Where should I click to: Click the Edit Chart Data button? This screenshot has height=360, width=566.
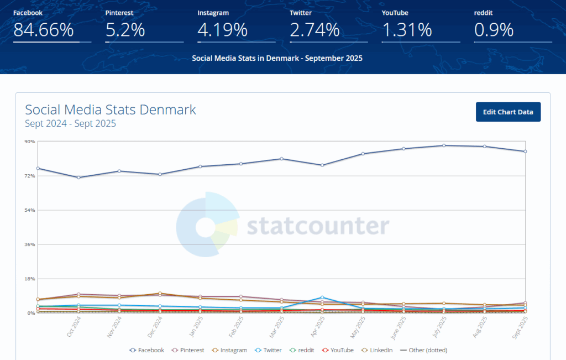tap(508, 112)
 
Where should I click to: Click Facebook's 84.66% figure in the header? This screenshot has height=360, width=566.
tap(44, 30)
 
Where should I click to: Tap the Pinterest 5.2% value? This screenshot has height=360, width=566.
tap(125, 30)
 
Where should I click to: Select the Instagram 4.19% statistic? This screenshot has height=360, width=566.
tap(222, 30)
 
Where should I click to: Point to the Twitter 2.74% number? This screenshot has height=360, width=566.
tap(314, 30)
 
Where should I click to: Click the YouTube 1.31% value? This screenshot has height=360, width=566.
tap(406, 30)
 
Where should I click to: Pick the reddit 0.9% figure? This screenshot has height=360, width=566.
tap(494, 30)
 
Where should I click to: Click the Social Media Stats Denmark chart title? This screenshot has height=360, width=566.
tap(111, 109)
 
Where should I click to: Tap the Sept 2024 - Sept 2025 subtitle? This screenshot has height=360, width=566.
tap(70, 124)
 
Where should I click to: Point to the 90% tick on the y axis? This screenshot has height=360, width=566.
tap(29, 142)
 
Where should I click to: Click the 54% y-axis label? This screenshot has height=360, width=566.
tap(29, 210)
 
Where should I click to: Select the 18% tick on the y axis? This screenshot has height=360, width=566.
tap(29, 279)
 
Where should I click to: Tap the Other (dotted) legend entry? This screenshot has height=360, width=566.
tap(423, 350)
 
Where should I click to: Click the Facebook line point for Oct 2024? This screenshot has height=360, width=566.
tap(78, 178)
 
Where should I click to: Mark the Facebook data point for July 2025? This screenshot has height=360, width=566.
tap(443, 145)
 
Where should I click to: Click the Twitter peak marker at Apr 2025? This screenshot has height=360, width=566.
tap(322, 298)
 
